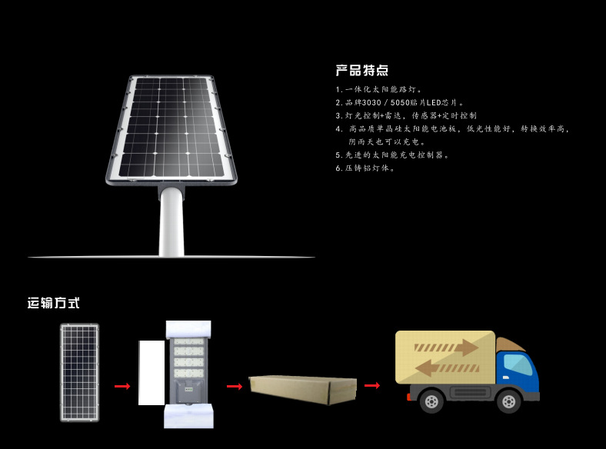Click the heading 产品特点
(x=361, y=71)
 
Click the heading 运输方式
(x=54, y=303)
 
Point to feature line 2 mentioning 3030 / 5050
(x=400, y=102)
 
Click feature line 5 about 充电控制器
(x=392, y=155)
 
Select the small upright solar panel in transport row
(x=80, y=372)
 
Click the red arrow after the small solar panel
(x=122, y=387)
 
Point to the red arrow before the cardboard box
(x=235, y=386)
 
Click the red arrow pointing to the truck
(x=372, y=385)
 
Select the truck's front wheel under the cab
(x=508, y=401)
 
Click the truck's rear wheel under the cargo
(x=432, y=401)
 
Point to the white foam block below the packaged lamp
(x=187, y=417)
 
